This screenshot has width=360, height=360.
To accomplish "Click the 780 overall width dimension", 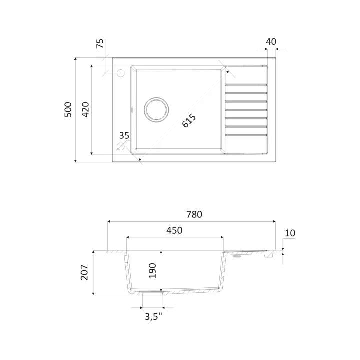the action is [x=194, y=214].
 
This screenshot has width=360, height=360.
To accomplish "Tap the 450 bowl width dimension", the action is [x=174, y=230].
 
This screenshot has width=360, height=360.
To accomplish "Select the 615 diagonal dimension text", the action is [x=189, y=121].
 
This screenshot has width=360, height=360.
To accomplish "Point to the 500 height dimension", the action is [x=68, y=109].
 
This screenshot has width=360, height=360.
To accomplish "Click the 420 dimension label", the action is [x=85, y=109].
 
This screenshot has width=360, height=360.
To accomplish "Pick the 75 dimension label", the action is [x=100, y=43].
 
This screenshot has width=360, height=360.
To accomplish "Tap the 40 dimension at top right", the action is [x=271, y=42].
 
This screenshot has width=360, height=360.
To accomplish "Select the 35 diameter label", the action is [x=124, y=136].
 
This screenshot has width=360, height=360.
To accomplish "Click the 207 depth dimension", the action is [x=84, y=272].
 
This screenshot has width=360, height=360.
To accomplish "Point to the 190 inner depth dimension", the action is [x=152, y=271].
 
